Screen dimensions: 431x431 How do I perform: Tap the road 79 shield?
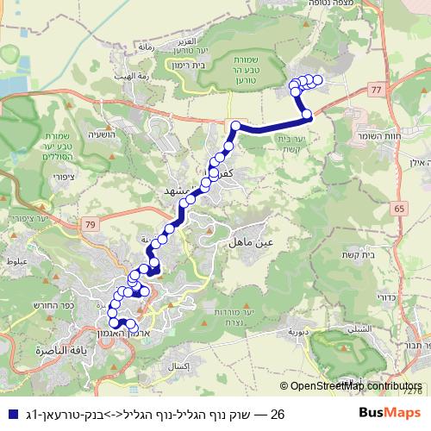(66, 225)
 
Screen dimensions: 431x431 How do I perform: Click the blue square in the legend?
(9, 415)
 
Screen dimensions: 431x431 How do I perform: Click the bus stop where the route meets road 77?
(306, 114)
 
